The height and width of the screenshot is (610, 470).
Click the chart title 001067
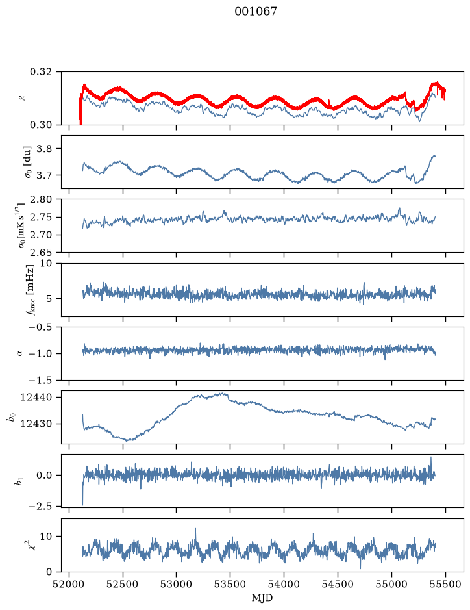(255, 12)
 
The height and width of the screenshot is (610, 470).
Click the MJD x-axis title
(262, 598)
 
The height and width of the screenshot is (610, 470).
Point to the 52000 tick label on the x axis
(69, 585)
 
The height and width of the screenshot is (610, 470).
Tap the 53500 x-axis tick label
(230, 585)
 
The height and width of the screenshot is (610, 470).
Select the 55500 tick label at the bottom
(445, 585)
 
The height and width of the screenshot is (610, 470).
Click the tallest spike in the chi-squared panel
(195, 529)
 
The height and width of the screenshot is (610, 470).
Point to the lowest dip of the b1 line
(82, 505)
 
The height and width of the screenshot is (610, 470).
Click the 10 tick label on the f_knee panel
(45, 264)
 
